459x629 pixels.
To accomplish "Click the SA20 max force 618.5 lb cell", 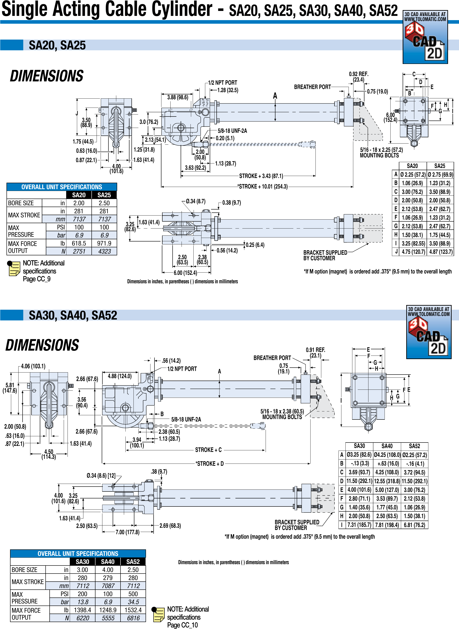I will pyautogui.click(x=79, y=243).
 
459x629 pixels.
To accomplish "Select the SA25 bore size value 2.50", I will pyautogui.click(x=104, y=203).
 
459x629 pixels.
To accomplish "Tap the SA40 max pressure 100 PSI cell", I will pyautogui.click(x=108, y=594).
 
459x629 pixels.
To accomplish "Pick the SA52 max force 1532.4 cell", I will pyautogui.click(x=133, y=610).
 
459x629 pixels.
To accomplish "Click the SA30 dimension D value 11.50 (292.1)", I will pyautogui.click(x=359, y=481).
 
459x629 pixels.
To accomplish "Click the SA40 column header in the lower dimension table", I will pyautogui.click(x=387, y=446).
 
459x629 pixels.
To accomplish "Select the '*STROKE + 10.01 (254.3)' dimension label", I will pyautogui.click(x=262, y=186).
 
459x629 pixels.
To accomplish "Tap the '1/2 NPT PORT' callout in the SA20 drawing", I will pyautogui.click(x=222, y=83).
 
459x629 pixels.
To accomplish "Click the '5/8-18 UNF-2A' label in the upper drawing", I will pyautogui.click(x=232, y=131).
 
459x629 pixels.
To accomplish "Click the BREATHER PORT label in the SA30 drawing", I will pyautogui.click(x=272, y=358).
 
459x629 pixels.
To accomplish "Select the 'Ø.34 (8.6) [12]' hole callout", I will pyautogui.click(x=101, y=476).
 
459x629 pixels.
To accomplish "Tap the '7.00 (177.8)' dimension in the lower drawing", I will pyautogui.click(x=127, y=532).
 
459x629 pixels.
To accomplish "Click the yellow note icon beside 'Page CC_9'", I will pyautogui.click(x=14, y=268).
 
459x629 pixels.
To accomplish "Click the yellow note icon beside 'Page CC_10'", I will pyautogui.click(x=158, y=614).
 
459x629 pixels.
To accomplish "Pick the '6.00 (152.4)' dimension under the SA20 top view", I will pyautogui.click(x=185, y=273).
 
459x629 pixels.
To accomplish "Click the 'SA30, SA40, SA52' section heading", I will pyautogui.click(x=73, y=315).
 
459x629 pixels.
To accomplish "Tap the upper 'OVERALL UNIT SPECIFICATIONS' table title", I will pyautogui.click(x=62, y=187).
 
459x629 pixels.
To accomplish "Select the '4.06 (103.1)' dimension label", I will pyautogui.click(x=33, y=366).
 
